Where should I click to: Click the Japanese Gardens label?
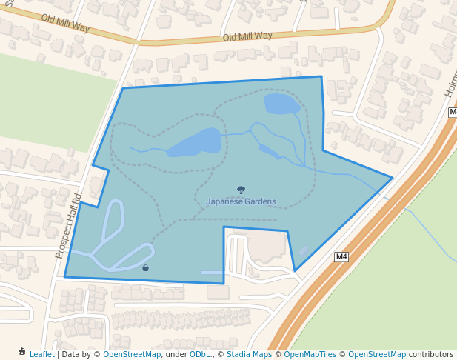(241, 201)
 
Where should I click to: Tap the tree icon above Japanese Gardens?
(241, 190)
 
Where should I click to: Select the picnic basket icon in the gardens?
(145, 267)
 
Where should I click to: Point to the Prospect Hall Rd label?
(70, 225)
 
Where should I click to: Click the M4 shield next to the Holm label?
(453, 112)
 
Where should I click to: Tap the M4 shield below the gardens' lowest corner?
(341, 257)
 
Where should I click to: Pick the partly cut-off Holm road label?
(450, 87)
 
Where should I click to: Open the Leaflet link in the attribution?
(41, 354)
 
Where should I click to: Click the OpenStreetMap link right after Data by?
(132, 354)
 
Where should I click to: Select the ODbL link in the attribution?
(200, 354)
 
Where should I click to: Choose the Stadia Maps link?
(249, 354)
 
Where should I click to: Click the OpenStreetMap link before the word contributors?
(377, 354)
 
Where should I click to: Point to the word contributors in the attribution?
(431, 354)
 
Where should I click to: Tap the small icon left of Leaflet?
(22, 353)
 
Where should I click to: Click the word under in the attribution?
(175, 354)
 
